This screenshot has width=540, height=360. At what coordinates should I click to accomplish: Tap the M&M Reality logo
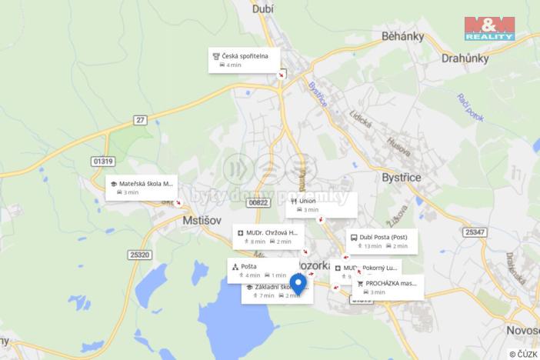tap(488, 28)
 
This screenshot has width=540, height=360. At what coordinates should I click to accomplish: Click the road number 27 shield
tap(139, 120)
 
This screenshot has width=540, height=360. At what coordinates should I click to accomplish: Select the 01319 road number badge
tap(102, 161)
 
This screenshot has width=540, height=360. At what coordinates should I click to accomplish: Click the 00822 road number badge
tap(259, 202)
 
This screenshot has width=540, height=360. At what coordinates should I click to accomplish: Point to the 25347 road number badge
tap(475, 232)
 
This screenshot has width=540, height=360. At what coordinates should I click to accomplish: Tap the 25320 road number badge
tap(140, 255)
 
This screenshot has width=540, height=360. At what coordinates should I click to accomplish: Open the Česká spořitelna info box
tap(244, 60)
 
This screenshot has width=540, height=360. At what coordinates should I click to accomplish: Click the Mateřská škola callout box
tap(141, 188)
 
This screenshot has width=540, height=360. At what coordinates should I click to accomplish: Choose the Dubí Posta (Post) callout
tap(382, 242)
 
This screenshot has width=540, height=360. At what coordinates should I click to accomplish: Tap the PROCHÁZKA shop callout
tap(388, 287)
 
